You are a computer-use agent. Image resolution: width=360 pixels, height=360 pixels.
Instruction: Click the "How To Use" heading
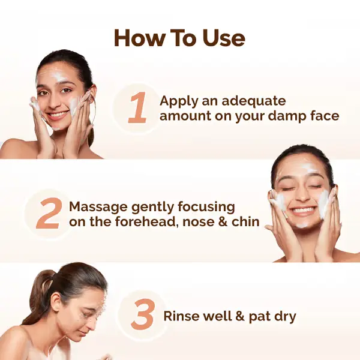[179, 38]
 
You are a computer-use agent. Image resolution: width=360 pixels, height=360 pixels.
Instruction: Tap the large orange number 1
[138, 108]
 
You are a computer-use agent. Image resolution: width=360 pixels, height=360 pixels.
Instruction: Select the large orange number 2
[49, 214]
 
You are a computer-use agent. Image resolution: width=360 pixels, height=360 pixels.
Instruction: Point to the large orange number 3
[143, 316]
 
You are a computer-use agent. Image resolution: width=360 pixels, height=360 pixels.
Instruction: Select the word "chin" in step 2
[245, 221]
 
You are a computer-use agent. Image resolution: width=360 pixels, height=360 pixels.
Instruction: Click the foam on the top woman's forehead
[58, 77]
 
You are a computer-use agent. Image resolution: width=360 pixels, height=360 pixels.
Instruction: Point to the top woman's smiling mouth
[57, 113]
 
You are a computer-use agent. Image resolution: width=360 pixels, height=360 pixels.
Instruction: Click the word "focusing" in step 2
[205, 207]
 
